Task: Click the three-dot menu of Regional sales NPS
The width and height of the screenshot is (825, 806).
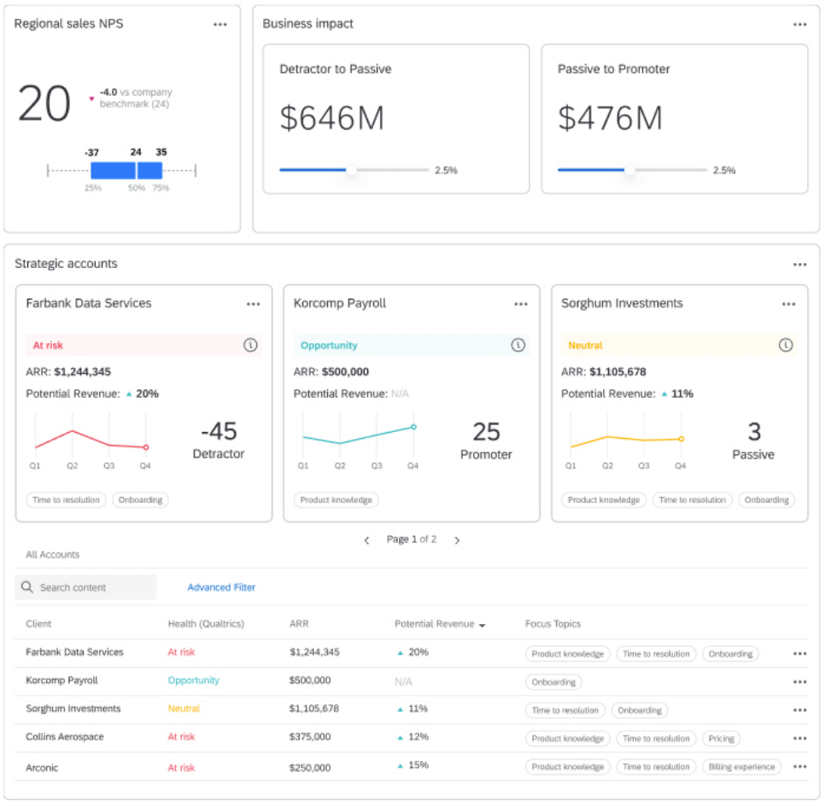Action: tap(220, 25)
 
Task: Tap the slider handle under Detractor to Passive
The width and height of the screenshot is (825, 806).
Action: tap(351, 170)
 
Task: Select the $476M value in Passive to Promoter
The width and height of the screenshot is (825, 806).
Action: tap(610, 118)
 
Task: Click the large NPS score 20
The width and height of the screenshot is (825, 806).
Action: tap(44, 105)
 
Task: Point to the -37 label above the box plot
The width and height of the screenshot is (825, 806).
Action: tap(92, 153)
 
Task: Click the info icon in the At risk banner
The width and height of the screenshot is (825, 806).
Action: tap(250, 345)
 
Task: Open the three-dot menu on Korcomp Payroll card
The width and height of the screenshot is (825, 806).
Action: tap(521, 304)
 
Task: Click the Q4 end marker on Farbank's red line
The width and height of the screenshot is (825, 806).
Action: tap(146, 447)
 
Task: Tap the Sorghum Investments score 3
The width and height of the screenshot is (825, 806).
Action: tap(753, 431)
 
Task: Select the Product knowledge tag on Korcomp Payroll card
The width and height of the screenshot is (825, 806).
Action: tap(336, 500)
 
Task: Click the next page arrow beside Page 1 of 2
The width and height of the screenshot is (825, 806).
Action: tap(457, 540)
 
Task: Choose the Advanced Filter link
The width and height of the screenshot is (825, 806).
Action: tap(221, 587)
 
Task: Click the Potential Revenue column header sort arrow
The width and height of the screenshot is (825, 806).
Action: tap(483, 626)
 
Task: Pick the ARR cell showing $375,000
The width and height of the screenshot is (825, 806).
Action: tap(310, 737)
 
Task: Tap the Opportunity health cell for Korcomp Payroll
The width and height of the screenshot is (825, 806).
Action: tap(193, 680)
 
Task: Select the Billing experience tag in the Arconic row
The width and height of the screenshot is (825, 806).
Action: tap(741, 767)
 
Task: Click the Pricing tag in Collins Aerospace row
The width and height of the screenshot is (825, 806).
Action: tap(721, 739)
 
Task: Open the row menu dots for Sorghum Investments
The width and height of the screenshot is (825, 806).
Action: tap(799, 710)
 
